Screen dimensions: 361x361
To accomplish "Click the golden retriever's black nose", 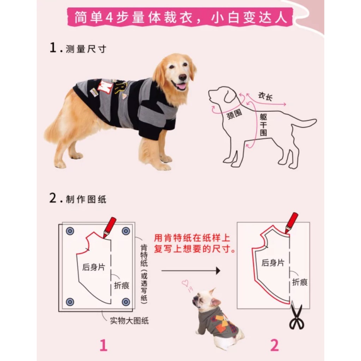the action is click(x=183, y=77).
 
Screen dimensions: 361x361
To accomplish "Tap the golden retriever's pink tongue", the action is click(x=182, y=87).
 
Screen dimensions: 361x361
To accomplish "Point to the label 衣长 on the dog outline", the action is click(x=265, y=97).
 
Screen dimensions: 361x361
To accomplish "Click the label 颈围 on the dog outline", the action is click(x=234, y=114).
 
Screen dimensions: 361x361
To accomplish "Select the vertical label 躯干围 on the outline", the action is click(x=263, y=125).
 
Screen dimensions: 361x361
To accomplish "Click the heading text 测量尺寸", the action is click(x=86, y=49).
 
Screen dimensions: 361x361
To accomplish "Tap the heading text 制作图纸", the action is click(x=86, y=200).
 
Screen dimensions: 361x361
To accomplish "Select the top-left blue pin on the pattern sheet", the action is click(x=70, y=231).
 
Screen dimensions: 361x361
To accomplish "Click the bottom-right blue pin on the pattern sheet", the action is click(x=126, y=302).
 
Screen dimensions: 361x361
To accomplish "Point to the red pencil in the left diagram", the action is click(x=109, y=227).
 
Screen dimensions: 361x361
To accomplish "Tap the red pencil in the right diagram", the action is click(x=292, y=223).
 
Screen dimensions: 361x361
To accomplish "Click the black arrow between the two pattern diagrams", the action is click(x=191, y=271).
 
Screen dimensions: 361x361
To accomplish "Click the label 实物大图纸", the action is click(x=129, y=320).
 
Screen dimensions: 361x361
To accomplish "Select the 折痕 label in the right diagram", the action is click(x=300, y=282).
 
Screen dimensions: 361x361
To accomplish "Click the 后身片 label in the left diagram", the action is click(x=94, y=267).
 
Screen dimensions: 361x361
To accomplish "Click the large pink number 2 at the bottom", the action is click(x=274, y=345).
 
